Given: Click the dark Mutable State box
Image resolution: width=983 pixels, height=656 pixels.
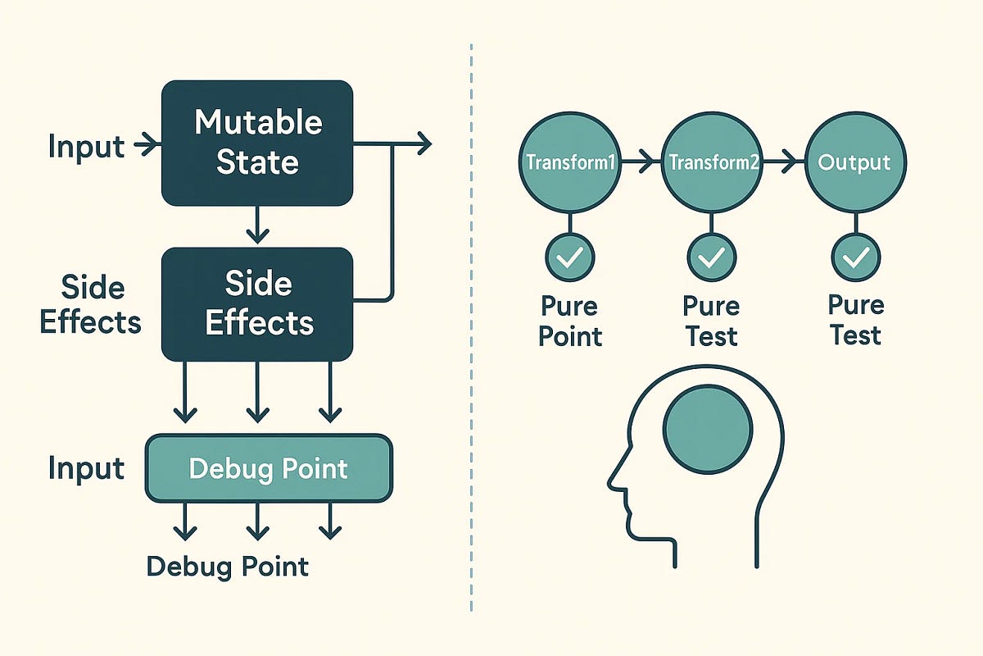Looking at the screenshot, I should (257, 143).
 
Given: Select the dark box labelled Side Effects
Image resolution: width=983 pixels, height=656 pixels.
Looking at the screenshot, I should (257, 304).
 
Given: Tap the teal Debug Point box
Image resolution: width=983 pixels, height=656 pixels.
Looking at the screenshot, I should (269, 468).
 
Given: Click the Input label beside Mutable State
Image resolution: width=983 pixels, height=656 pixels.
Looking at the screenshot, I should (86, 147).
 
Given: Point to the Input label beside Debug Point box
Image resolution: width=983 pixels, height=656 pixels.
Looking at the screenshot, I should (86, 468).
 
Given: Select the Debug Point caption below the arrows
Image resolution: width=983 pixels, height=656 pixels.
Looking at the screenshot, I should (228, 566).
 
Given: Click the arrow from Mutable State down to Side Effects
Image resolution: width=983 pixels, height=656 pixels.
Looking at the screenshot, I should (257, 225).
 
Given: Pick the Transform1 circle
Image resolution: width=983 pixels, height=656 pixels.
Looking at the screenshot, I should (570, 162).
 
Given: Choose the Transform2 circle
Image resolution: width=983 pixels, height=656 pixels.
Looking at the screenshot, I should (711, 162).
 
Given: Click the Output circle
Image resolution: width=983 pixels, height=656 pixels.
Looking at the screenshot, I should (855, 162).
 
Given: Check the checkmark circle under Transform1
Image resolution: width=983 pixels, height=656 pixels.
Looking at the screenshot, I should (570, 257).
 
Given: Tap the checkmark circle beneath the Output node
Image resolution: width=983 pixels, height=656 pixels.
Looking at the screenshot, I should (855, 257).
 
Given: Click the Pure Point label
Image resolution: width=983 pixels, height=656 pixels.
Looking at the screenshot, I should (570, 321).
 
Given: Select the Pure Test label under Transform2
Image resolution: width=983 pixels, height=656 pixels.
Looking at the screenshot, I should (711, 321).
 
